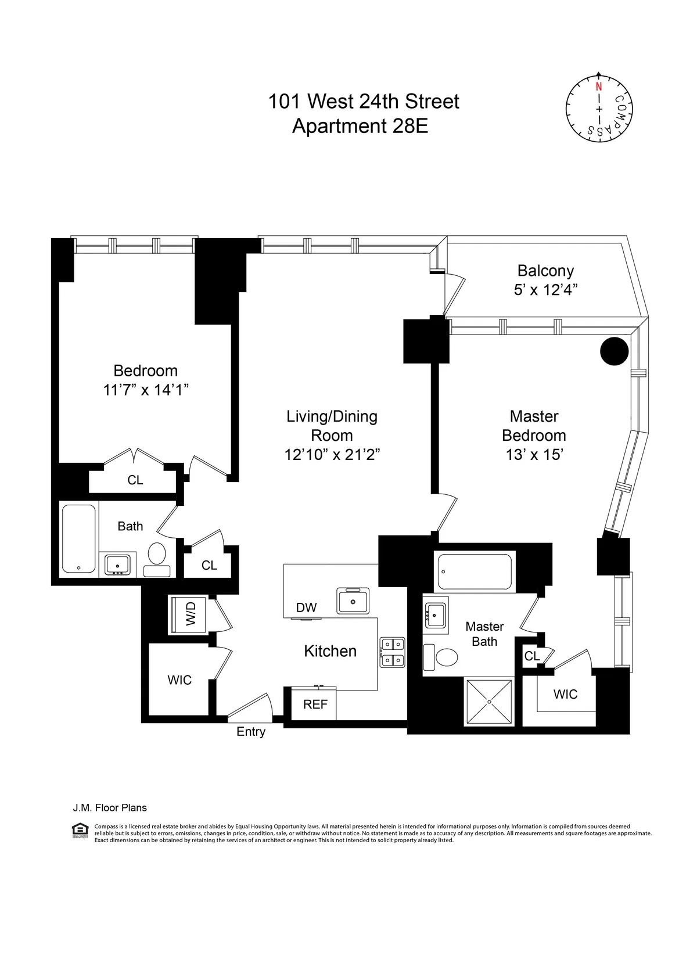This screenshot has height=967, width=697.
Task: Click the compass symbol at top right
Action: click(599, 108)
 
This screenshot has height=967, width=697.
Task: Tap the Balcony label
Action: click(545, 271)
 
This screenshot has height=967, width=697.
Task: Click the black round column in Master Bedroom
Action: click(614, 351)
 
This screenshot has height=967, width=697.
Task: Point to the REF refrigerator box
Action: click(315, 704)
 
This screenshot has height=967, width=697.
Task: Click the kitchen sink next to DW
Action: click(353, 601)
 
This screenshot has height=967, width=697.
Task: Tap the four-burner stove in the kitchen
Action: click(392, 652)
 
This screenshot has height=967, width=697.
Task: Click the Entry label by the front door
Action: click(250, 732)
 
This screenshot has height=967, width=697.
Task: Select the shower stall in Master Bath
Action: click(489, 701)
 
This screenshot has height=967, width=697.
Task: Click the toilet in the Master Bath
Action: click(444, 657)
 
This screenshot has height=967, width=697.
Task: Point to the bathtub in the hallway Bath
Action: click(78, 538)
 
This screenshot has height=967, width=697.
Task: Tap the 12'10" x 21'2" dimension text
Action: click(332, 455)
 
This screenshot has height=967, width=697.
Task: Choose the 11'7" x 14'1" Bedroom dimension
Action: click(146, 390)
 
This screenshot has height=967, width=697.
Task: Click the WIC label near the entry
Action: click(179, 680)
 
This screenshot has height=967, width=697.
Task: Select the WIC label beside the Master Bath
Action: click(565, 694)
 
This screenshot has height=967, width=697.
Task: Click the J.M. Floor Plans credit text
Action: click(110, 807)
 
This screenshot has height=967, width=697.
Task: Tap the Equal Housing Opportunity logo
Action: click(80, 831)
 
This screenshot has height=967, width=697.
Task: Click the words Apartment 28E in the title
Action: click(360, 125)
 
